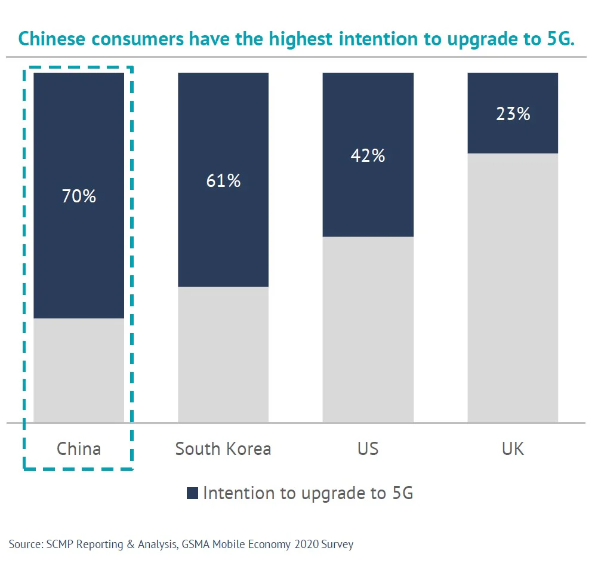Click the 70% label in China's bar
pos(79,196)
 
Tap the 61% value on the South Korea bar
pos(224,180)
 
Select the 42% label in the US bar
pos(368,155)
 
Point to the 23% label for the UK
pos(513,113)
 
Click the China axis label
pos(79,448)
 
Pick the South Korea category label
pos(223,448)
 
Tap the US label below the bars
pos(368,448)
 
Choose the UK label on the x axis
pos(513,448)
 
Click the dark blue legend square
pos(192,493)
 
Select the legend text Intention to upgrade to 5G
pos(308,493)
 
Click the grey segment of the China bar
pos(79,370)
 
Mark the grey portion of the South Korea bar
pos(223,355)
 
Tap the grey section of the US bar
pos(368,330)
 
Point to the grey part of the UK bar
pos(513,288)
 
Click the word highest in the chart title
pos(294,38)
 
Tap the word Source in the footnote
pos(23,544)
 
